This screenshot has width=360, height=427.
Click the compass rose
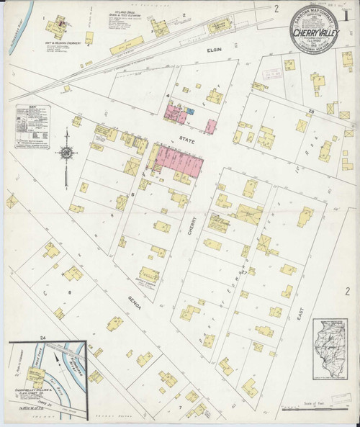(x=66, y=153)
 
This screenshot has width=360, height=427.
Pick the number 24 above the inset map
(x=42, y=337)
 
